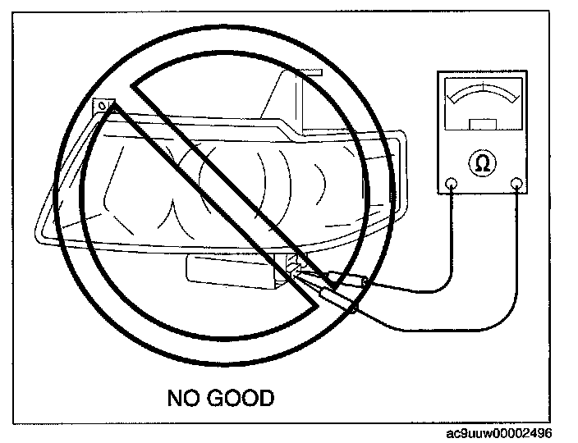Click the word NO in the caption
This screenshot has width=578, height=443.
tap(183, 399)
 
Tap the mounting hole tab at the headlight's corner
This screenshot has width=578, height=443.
tap(103, 107)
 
